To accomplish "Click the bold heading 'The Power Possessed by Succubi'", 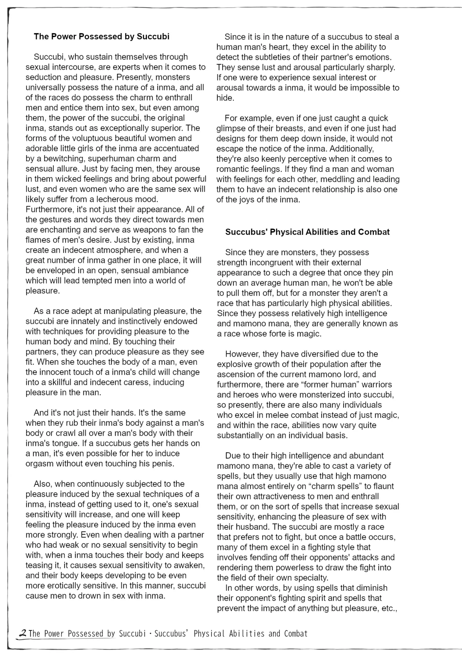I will tap(101, 36).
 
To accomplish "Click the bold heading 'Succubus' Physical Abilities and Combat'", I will tap(307, 232).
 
